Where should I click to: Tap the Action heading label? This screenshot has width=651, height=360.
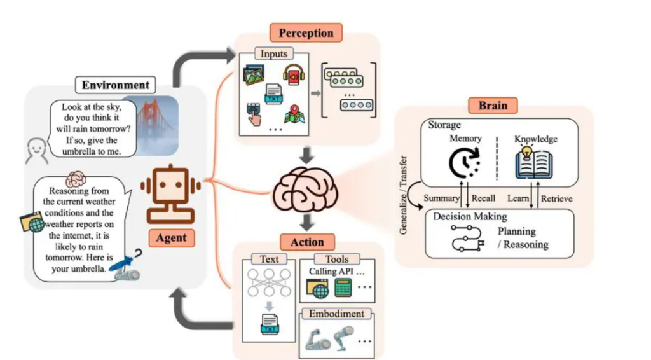(x=307, y=242)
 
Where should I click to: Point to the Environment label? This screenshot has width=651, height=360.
(x=115, y=85)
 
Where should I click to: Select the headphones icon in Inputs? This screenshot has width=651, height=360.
(x=292, y=74)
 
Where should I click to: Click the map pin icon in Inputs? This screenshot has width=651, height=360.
(x=292, y=114)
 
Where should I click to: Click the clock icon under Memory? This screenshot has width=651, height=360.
(x=465, y=163)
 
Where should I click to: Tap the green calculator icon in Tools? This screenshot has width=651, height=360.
(x=343, y=287)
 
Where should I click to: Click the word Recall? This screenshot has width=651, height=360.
(x=483, y=198)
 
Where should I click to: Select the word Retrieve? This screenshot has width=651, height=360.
(x=556, y=198)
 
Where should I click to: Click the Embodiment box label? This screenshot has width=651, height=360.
(x=336, y=314)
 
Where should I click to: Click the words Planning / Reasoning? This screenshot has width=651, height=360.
(x=522, y=238)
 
